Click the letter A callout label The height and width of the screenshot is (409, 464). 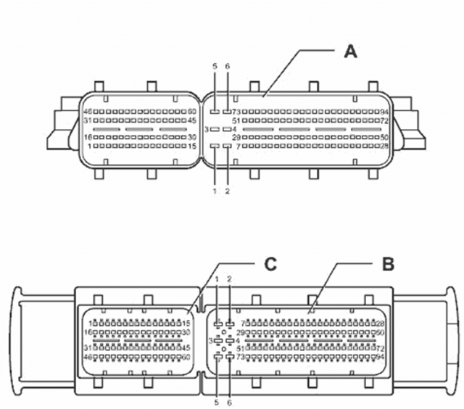tap(350, 51)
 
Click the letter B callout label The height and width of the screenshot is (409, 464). tap(389, 264)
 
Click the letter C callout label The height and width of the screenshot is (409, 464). tap(270, 264)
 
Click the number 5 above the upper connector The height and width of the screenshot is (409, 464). tap(215, 66)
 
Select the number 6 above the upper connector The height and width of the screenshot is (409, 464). tap(228, 66)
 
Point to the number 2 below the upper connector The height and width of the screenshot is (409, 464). tap(228, 191)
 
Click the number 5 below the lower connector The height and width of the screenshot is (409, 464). tap(217, 401)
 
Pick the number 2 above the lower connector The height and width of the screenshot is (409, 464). tap(230, 279)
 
